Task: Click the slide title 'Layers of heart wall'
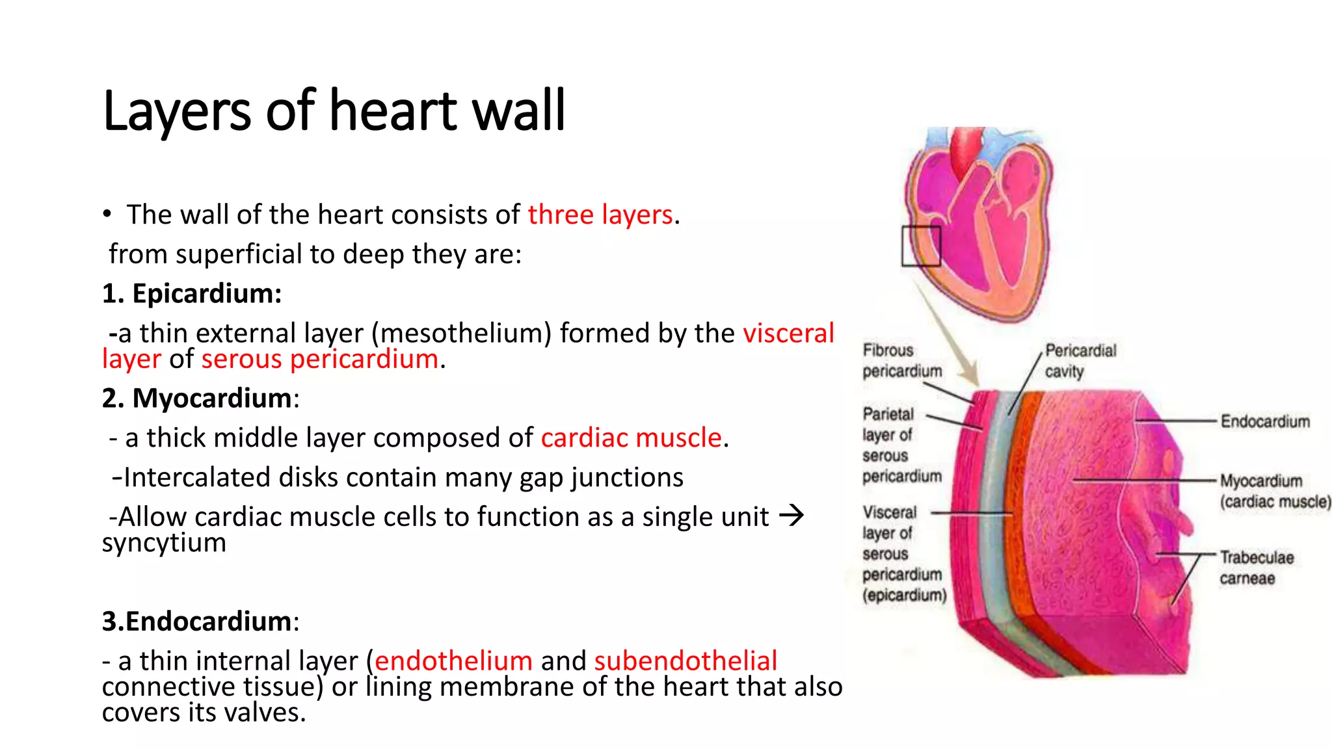(x=334, y=111)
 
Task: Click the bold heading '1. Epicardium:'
(x=192, y=293)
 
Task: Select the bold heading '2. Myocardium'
(x=196, y=398)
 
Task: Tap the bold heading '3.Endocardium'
(x=196, y=621)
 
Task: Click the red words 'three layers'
(x=600, y=215)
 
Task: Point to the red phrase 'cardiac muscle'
(x=631, y=438)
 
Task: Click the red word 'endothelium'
(x=453, y=661)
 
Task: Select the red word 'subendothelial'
(x=686, y=661)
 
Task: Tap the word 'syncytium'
(x=164, y=542)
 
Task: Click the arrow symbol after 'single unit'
(x=792, y=516)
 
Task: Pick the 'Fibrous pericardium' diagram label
(x=901, y=360)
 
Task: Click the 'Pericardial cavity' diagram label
(x=1080, y=361)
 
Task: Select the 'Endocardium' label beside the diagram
(x=1264, y=421)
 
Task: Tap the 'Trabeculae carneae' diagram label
(x=1256, y=568)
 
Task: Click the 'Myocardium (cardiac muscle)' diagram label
(x=1274, y=491)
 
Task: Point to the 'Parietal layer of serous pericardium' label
(x=901, y=445)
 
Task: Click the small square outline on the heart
(x=921, y=246)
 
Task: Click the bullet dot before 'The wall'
(x=107, y=215)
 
